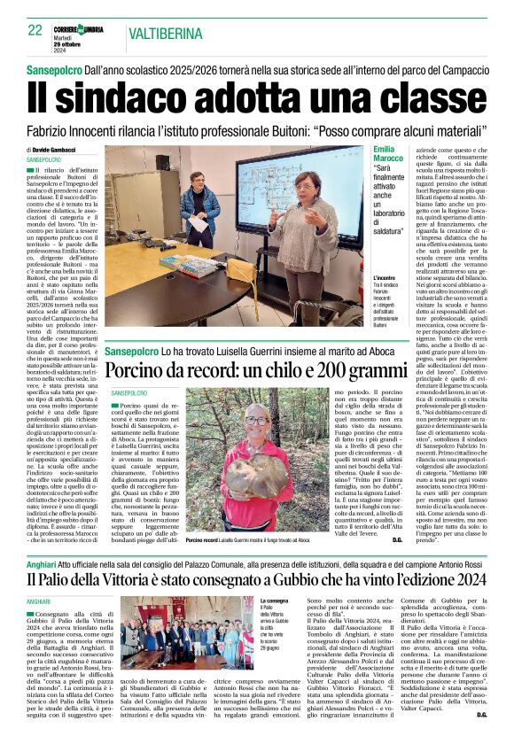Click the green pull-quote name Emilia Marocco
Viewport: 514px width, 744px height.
point(389,155)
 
